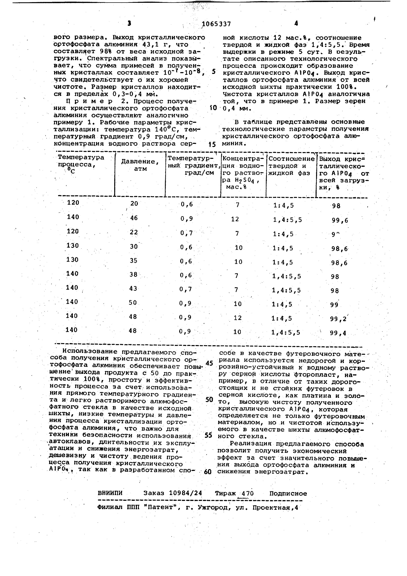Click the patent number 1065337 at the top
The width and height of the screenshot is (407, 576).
[216, 24]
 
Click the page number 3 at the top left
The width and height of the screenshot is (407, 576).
[129, 23]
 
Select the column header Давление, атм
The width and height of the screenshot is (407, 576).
[140, 165]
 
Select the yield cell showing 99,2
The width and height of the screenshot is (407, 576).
[338, 319]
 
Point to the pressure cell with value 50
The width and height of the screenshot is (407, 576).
[133, 303]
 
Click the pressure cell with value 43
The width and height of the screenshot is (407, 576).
[133, 289]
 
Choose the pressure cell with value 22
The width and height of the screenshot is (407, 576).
[134, 232]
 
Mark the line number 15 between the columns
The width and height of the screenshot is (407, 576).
[212, 145]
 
